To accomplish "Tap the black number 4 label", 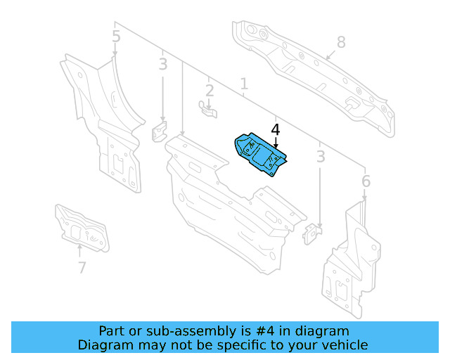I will [275, 130].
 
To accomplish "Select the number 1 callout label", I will [244, 85].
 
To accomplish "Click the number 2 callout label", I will [210, 90].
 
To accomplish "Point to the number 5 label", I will [116, 36].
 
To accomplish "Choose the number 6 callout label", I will [366, 182].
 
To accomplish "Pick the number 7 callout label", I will [82, 267].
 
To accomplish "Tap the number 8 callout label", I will [341, 42].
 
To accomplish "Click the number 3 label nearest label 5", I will [162, 65].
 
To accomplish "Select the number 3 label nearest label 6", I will [321, 156].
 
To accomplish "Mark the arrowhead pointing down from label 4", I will [276, 143].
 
